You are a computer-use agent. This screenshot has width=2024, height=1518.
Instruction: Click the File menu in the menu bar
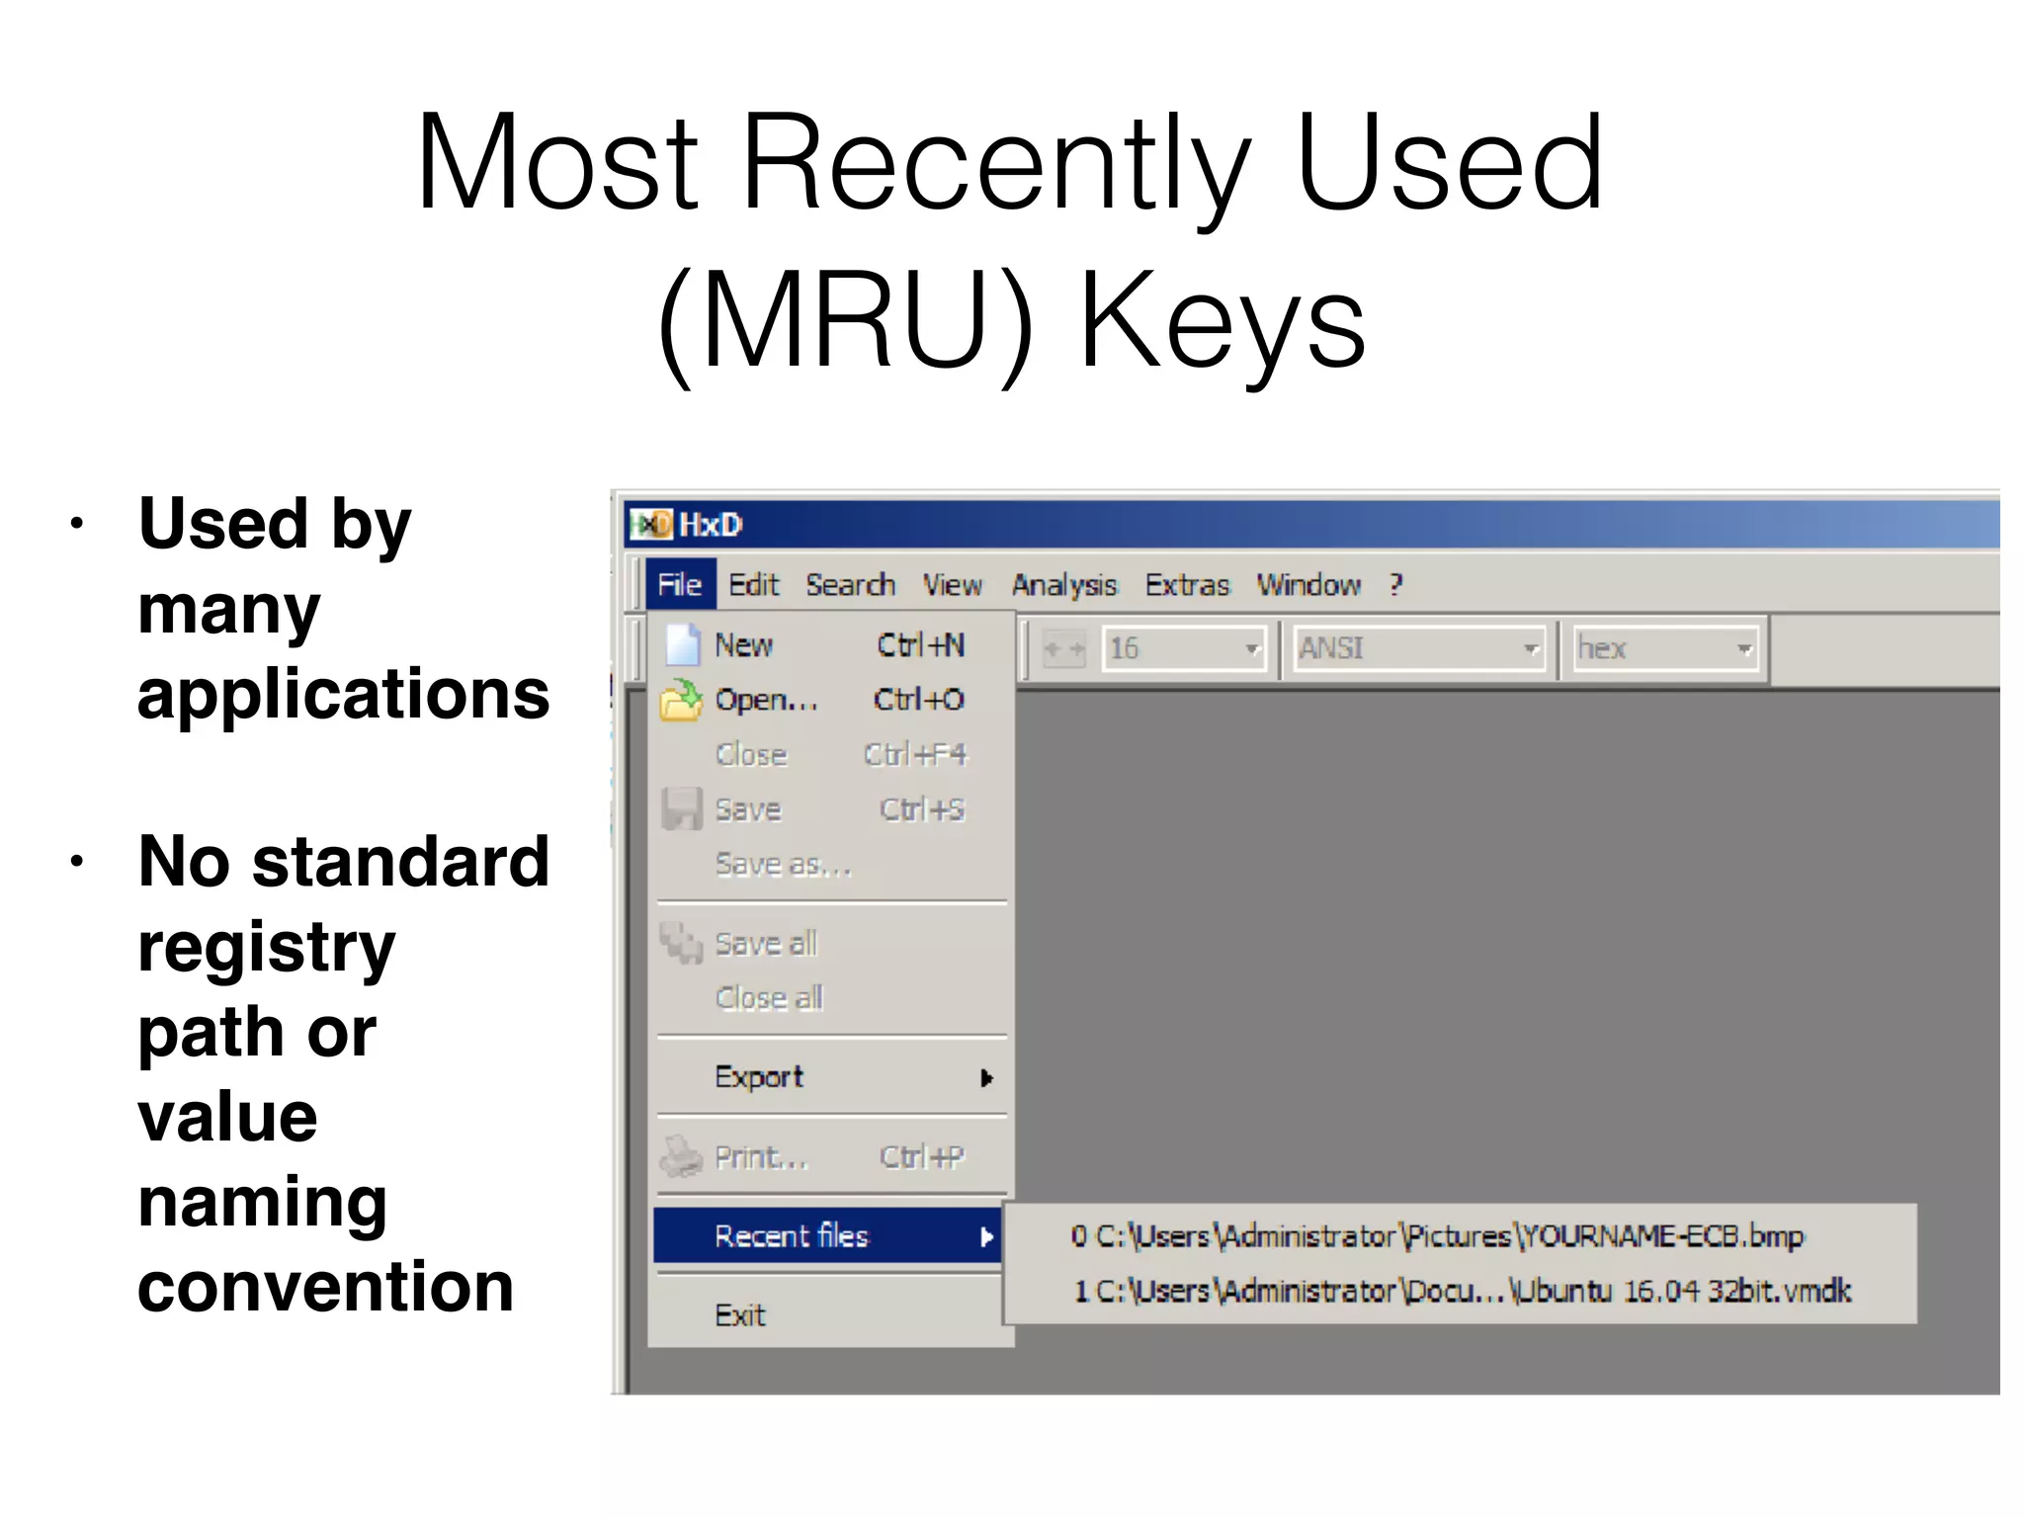679,585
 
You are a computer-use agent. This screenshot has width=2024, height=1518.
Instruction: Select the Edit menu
753,585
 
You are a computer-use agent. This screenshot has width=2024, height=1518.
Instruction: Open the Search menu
850,585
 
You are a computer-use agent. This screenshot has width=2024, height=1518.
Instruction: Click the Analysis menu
1063,585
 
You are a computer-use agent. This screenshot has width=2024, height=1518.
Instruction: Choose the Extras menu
1187,585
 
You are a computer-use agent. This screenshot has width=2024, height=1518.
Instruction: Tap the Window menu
1308,585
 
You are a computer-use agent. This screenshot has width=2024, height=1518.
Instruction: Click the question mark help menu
1395,585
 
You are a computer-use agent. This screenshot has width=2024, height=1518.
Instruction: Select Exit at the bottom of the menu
740,1315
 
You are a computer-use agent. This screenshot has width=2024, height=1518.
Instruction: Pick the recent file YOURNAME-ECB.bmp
1438,1236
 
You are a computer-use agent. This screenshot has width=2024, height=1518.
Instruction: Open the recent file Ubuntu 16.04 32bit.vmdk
1463,1291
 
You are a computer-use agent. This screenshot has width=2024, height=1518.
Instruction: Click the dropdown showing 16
1184,649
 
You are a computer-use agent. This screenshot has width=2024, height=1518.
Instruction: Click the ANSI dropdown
1419,649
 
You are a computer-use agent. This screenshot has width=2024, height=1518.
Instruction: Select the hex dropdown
1665,649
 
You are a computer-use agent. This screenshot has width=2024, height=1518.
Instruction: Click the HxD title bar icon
651,525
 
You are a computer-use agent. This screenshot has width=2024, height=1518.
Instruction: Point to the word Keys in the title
1223,321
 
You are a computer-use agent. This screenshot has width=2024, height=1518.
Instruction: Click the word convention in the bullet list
325,1287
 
